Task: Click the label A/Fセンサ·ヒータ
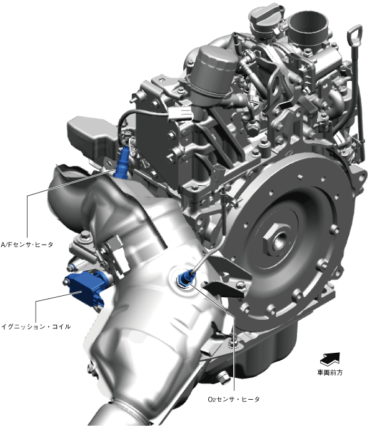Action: click(27, 245)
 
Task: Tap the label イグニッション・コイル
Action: click(36, 327)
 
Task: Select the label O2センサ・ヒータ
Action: click(234, 399)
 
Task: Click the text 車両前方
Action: click(330, 372)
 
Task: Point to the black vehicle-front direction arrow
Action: click(330, 359)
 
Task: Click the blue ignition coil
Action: click(86, 288)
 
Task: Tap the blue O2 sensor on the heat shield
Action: click(185, 277)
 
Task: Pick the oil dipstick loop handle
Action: click(354, 36)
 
